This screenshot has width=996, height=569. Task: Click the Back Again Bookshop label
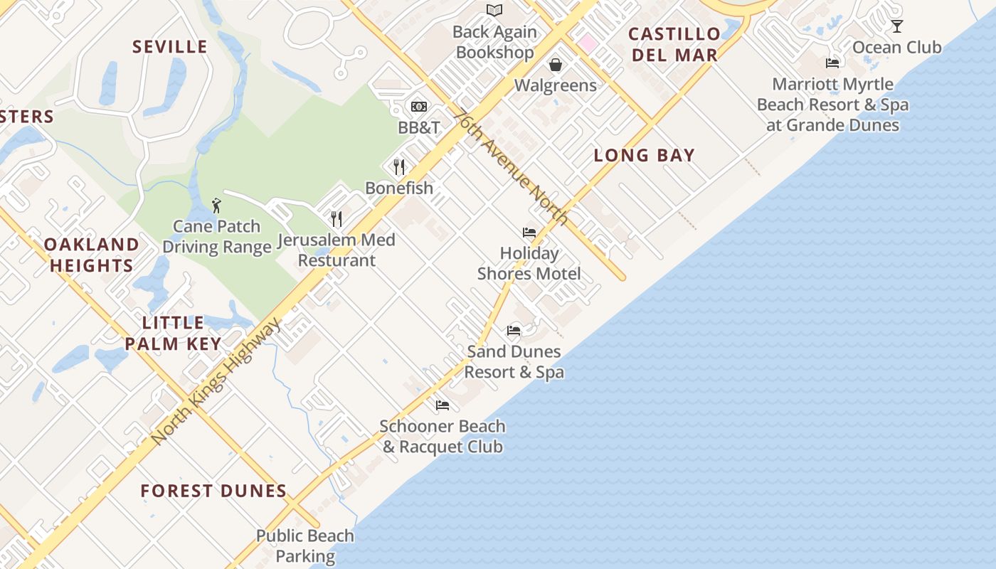click(x=494, y=42)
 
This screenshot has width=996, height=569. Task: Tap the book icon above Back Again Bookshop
click(x=494, y=10)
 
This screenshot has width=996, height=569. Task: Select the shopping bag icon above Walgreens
click(x=556, y=65)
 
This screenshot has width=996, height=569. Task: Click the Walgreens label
click(x=556, y=85)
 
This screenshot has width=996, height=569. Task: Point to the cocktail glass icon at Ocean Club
click(x=897, y=26)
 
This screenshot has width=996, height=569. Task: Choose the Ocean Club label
click(x=896, y=48)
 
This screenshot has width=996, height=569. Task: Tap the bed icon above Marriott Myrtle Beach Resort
click(x=832, y=63)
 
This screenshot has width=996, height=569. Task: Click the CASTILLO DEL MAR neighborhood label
click(x=674, y=44)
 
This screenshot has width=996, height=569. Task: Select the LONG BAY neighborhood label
click(x=644, y=155)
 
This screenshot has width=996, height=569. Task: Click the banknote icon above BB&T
click(x=419, y=107)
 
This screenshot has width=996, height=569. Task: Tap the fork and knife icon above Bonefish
click(x=399, y=167)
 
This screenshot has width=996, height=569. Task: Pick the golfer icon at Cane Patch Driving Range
click(x=217, y=206)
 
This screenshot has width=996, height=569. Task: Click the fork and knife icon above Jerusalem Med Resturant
click(x=337, y=218)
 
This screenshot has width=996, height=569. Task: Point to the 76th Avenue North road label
click(x=512, y=166)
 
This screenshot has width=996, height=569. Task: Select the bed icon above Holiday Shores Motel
click(x=529, y=233)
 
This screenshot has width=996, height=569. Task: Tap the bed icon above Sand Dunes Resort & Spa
click(x=514, y=331)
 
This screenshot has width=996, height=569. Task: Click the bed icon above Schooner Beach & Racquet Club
click(x=443, y=405)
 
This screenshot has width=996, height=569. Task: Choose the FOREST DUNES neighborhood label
click(x=213, y=491)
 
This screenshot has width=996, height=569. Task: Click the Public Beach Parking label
click(x=305, y=546)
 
